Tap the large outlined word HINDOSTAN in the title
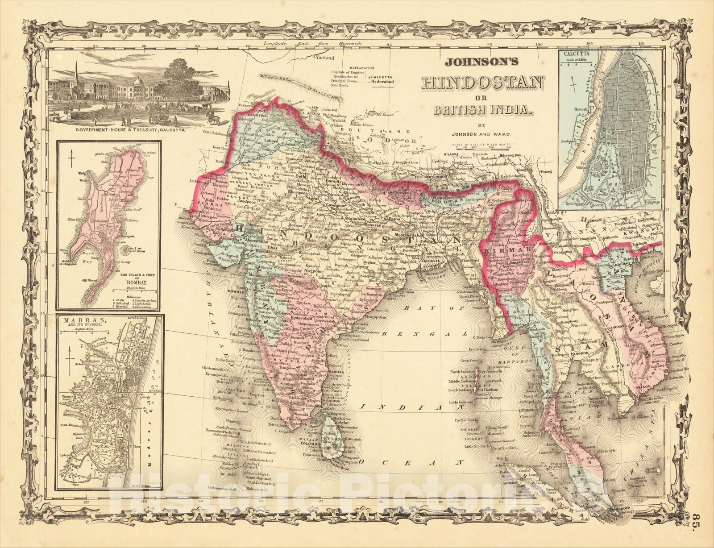click(482, 83)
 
